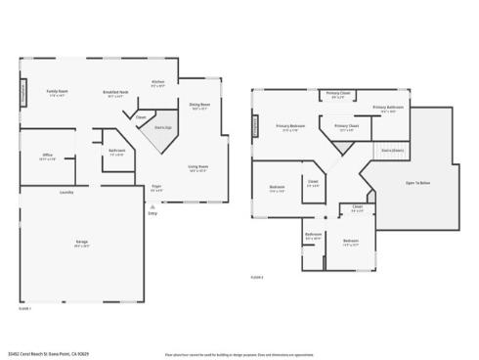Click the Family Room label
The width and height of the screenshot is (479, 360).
[x=55, y=93]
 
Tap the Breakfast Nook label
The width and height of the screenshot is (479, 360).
[x=115, y=93]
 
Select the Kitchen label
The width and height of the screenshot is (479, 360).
[x=157, y=83]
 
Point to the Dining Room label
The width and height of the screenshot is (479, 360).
[x=199, y=106]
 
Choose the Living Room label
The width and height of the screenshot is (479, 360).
[x=199, y=168]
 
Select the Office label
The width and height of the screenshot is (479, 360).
[x=47, y=156]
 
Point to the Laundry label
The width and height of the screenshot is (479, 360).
[x=66, y=192]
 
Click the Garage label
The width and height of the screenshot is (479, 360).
[x=82, y=243]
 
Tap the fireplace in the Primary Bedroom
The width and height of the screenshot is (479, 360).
[x=257, y=126]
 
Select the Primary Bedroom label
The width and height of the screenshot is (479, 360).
[x=289, y=127]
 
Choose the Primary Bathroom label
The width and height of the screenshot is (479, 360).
[x=388, y=108]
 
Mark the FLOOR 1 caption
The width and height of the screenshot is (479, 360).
[x=25, y=305]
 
